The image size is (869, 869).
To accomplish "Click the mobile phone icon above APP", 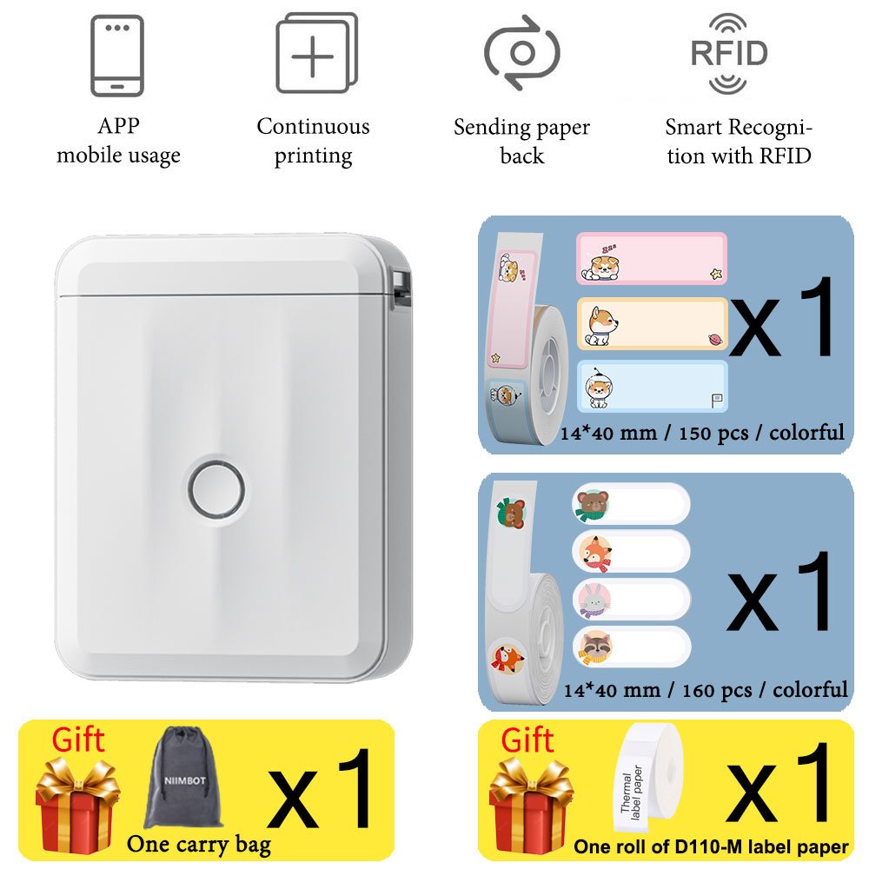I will tap(117, 55).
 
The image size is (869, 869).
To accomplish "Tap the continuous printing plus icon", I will tap(315, 53).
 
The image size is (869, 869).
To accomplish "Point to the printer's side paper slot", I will tap(401, 287).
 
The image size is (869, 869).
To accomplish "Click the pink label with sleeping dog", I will tap(652, 258).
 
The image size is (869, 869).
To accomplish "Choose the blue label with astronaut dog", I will tap(652, 387).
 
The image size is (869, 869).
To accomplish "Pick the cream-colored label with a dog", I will tap(652, 323).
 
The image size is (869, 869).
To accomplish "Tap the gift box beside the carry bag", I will tap(76, 803).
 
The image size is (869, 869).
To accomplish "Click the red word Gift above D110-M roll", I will tap(527, 741).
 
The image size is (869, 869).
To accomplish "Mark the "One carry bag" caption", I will tap(198, 844).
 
